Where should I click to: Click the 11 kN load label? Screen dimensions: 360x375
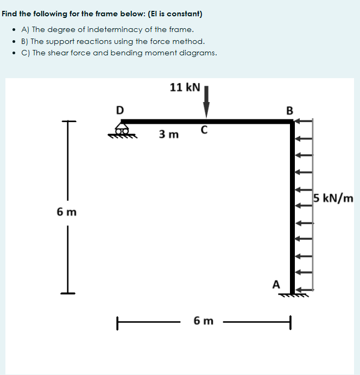(x=185, y=87)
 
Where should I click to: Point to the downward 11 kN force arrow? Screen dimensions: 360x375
(x=206, y=102)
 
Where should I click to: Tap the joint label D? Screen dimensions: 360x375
(x=119, y=110)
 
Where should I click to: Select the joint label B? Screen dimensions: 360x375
(x=289, y=111)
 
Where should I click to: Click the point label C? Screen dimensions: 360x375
(x=204, y=130)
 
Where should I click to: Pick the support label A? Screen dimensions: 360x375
(x=276, y=284)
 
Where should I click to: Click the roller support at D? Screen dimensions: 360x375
(x=122, y=130)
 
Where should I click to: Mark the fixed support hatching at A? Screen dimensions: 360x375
(x=294, y=295)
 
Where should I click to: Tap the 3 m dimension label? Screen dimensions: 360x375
(x=169, y=134)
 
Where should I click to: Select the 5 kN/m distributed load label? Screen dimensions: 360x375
(x=333, y=198)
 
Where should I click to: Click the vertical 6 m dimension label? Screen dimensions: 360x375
(x=67, y=212)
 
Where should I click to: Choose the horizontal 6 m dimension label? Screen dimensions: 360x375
(x=204, y=321)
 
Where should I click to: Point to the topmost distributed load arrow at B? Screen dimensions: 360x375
(x=304, y=121)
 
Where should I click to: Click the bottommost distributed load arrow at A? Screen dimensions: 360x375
(x=304, y=290)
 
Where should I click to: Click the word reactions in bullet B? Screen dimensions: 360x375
(x=95, y=41)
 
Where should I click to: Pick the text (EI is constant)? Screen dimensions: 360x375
(x=175, y=14)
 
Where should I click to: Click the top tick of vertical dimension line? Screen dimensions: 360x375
(x=69, y=121)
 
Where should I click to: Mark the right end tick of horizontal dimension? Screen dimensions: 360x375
(x=290, y=322)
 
